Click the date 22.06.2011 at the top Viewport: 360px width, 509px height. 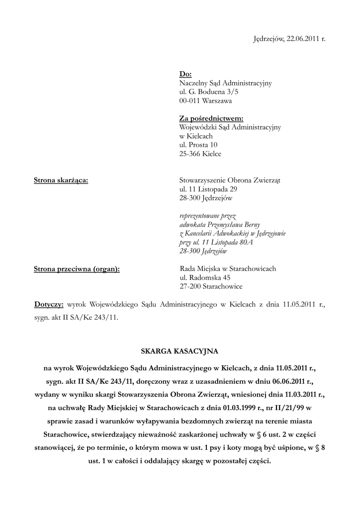pyautogui.click(x=301, y=39)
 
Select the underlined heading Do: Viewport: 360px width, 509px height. pyautogui.click(x=185, y=75)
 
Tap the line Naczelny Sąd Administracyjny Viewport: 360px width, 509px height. pyautogui.click(x=225, y=83)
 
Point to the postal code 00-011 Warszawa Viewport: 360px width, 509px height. pyautogui.click(x=205, y=100)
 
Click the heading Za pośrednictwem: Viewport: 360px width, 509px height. pyautogui.click(x=211, y=118)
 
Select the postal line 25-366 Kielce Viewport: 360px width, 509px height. pyautogui.click(x=200, y=154)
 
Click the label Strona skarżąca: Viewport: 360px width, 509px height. pyautogui.click(x=61, y=180)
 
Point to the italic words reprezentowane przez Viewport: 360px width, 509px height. pyautogui.click(x=207, y=216)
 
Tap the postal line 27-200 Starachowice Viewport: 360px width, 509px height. pyautogui.click(x=211, y=287)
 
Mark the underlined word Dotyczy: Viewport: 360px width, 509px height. pyautogui.click(x=49, y=303)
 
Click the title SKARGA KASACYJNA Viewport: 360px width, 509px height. pyautogui.click(x=180, y=351)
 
